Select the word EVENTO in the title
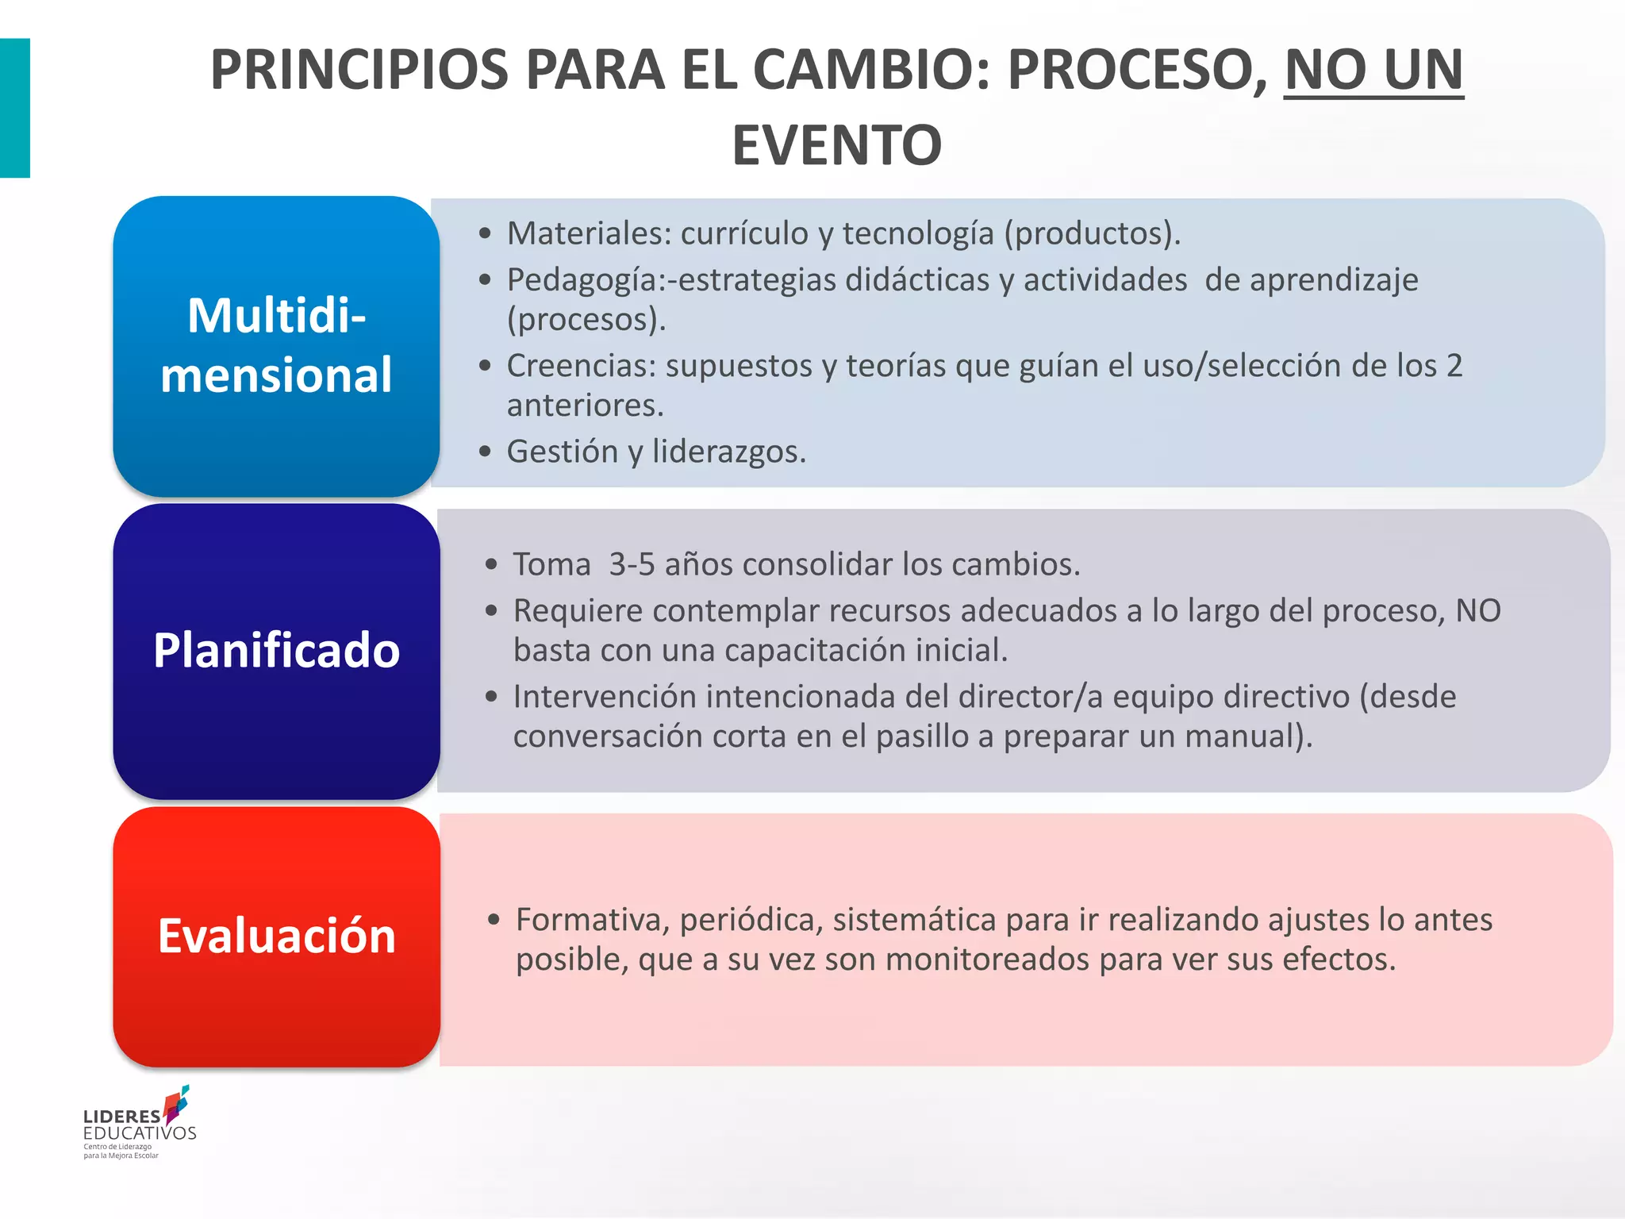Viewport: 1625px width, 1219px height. [836, 146]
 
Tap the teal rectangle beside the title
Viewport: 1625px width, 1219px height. [14, 108]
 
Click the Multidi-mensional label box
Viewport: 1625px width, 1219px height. [276, 346]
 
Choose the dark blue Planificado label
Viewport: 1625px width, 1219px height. [276, 651]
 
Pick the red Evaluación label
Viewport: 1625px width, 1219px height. [276, 936]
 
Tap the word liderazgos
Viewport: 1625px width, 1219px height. [728, 452]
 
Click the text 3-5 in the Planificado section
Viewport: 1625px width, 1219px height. [632, 564]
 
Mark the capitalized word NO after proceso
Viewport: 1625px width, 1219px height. [1478, 611]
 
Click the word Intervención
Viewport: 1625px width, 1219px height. [605, 697]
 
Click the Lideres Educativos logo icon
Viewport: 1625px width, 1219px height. [176, 1105]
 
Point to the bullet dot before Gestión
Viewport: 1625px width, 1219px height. [486, 452]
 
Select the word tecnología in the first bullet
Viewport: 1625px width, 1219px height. [917, 233]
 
